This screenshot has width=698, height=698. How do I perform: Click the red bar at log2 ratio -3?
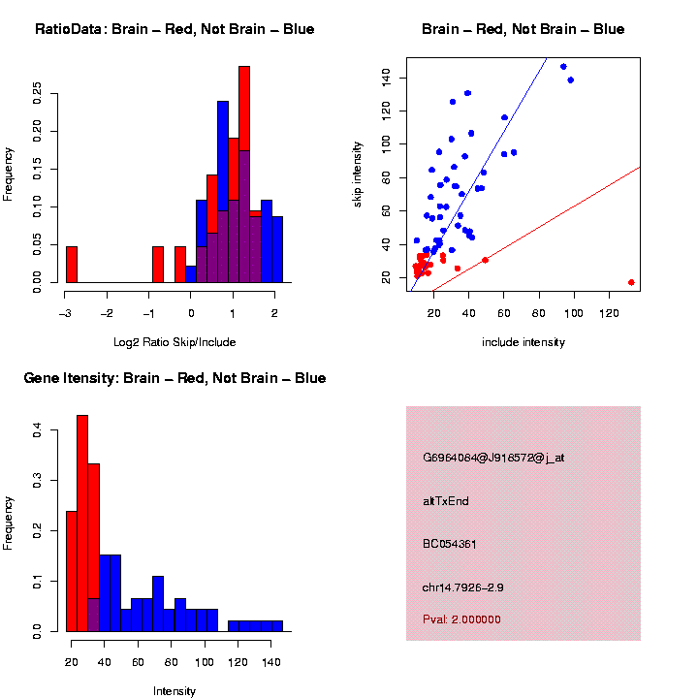tap(71, 265)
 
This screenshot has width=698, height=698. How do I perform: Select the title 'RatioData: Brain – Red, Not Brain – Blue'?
tap(174, 30)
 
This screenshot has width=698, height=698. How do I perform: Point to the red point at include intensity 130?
tap(631, 282)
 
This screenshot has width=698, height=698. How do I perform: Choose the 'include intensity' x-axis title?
tap(523, 342)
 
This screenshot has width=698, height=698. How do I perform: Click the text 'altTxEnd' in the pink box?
tap(446, 501)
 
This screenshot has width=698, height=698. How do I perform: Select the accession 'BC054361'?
tap(451, 544)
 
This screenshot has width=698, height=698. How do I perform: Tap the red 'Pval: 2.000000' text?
tap(461, 619)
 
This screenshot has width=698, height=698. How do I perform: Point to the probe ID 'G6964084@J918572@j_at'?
tap(493, 458)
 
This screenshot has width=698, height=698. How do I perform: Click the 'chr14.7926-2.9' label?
tap(462, 587)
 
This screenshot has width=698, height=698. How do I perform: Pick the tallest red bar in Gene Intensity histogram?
tap(82, 523)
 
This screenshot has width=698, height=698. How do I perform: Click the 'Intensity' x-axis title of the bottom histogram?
tap(174, 691)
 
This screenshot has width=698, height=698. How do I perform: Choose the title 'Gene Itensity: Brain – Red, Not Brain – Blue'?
tap(174, 378)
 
